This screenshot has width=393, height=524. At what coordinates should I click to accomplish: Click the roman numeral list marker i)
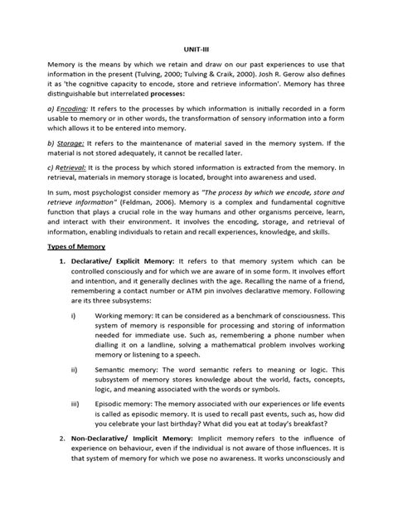77,338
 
